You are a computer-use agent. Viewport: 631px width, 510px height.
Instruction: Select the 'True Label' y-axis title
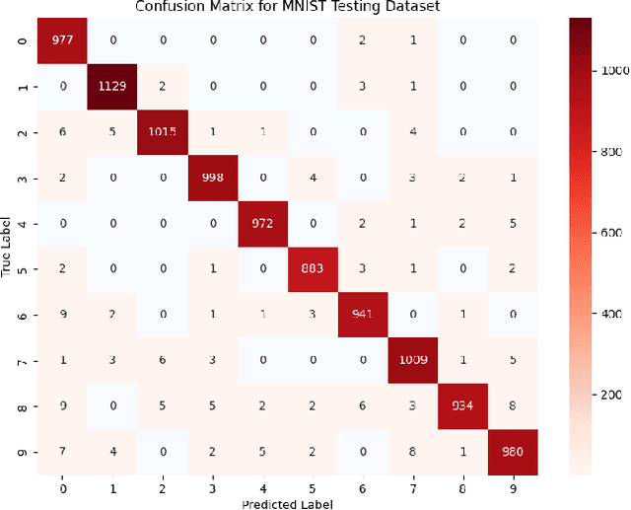coord(8,247)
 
